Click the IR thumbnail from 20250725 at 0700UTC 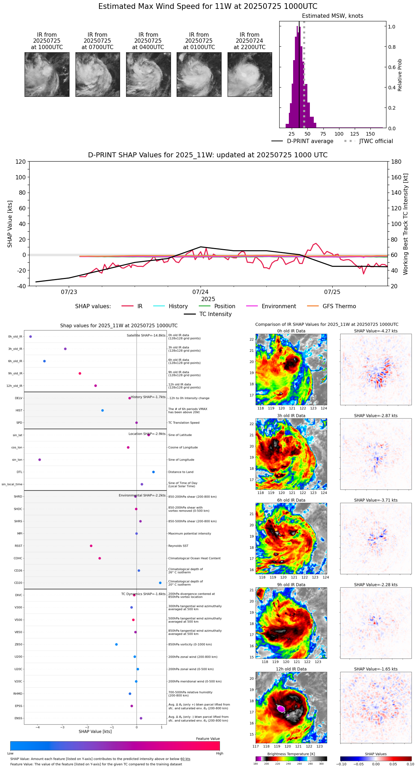pyautogui.click(x=98, y=74)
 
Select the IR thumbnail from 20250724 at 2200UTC pyautogui.click(x=250, y=74)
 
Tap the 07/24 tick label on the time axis pyautogui.click(x=201, y=292)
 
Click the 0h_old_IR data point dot pyautogui.click(x=31, y=336)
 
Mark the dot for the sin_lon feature pyautogui.click(x=40, y=460)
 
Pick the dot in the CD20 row pyautogui.click(x=160, y=583)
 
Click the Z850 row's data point pyautogui.click(x=116, y=645)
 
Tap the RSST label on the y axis pyautogui.click(x=19, y=546)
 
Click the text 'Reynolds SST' pyautogui.click(x=178, y=546)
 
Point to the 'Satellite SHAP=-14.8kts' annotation pyautogui.click(x=146, y=336)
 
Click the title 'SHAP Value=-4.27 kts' pyautogui.click(x=376, y=331)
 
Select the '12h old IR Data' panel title pyautogui.click(x=291, y=669)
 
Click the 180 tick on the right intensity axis pyautogui.click(x=396, y=162)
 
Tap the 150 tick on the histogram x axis pyautogui.click(x=370, y=134)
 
